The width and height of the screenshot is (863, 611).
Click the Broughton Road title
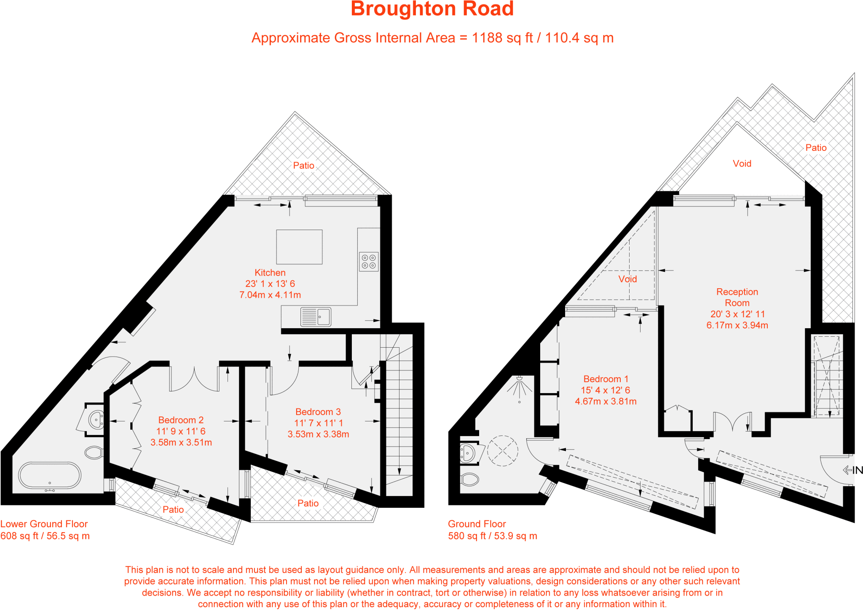432,9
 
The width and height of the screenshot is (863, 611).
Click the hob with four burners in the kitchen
369,262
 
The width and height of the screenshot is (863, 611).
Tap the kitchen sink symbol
316,317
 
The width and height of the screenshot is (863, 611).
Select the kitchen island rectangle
299,247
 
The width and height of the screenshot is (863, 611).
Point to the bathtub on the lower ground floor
50,475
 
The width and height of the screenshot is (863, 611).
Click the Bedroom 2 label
181,420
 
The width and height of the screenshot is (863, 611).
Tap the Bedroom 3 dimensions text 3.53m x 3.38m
318,434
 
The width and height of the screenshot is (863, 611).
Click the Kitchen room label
270,273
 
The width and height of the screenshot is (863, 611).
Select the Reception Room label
737,297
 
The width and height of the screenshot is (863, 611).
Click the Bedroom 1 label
606,379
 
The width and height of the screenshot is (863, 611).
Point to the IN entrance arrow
852,470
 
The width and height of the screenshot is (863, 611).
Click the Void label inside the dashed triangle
627,279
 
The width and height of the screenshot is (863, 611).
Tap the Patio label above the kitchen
303,165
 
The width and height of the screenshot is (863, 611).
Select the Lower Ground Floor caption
44,524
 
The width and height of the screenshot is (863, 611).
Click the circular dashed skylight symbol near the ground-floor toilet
502,451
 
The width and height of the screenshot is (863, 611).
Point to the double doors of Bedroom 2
194,379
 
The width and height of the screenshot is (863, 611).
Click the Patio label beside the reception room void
816,147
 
